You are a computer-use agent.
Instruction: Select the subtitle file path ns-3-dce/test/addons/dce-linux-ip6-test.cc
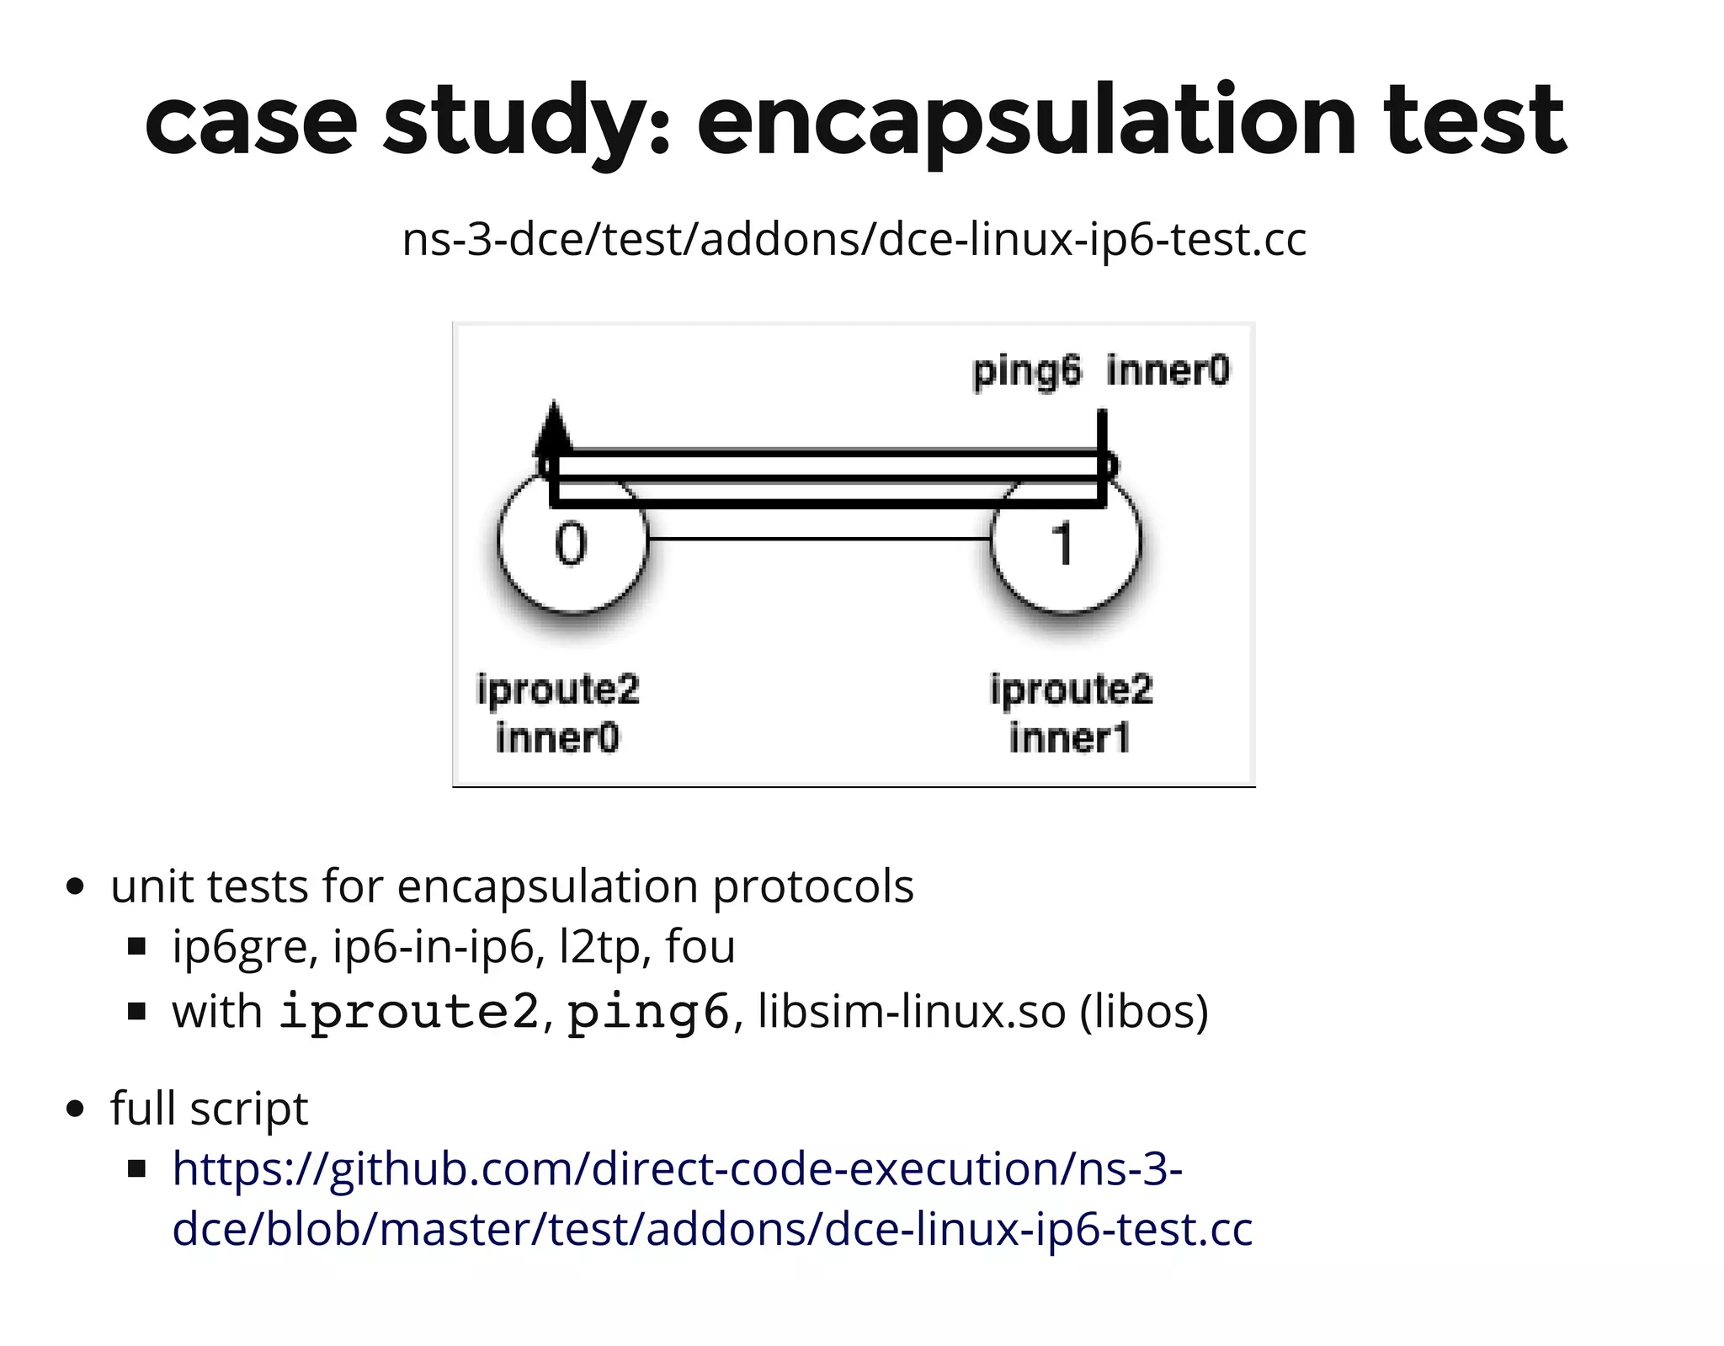(x=854, y=239)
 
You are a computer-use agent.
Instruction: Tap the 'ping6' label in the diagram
(x=1026, y=371)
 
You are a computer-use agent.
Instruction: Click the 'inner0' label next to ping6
(x=1168, y=371)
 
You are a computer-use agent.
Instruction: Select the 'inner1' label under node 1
(x=1069, y=738)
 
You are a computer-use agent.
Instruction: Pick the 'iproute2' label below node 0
(x=558, y=689)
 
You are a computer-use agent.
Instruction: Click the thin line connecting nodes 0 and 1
(x=818, y=539)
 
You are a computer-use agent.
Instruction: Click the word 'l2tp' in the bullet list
(x=600, y=947)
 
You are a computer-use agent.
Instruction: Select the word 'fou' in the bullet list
(x=700, y=947)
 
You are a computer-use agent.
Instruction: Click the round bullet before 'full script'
(x=76, y=1109)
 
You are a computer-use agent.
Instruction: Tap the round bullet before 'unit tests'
(x=76, y=887)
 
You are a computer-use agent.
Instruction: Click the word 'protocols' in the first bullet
(x=812, y=887)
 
